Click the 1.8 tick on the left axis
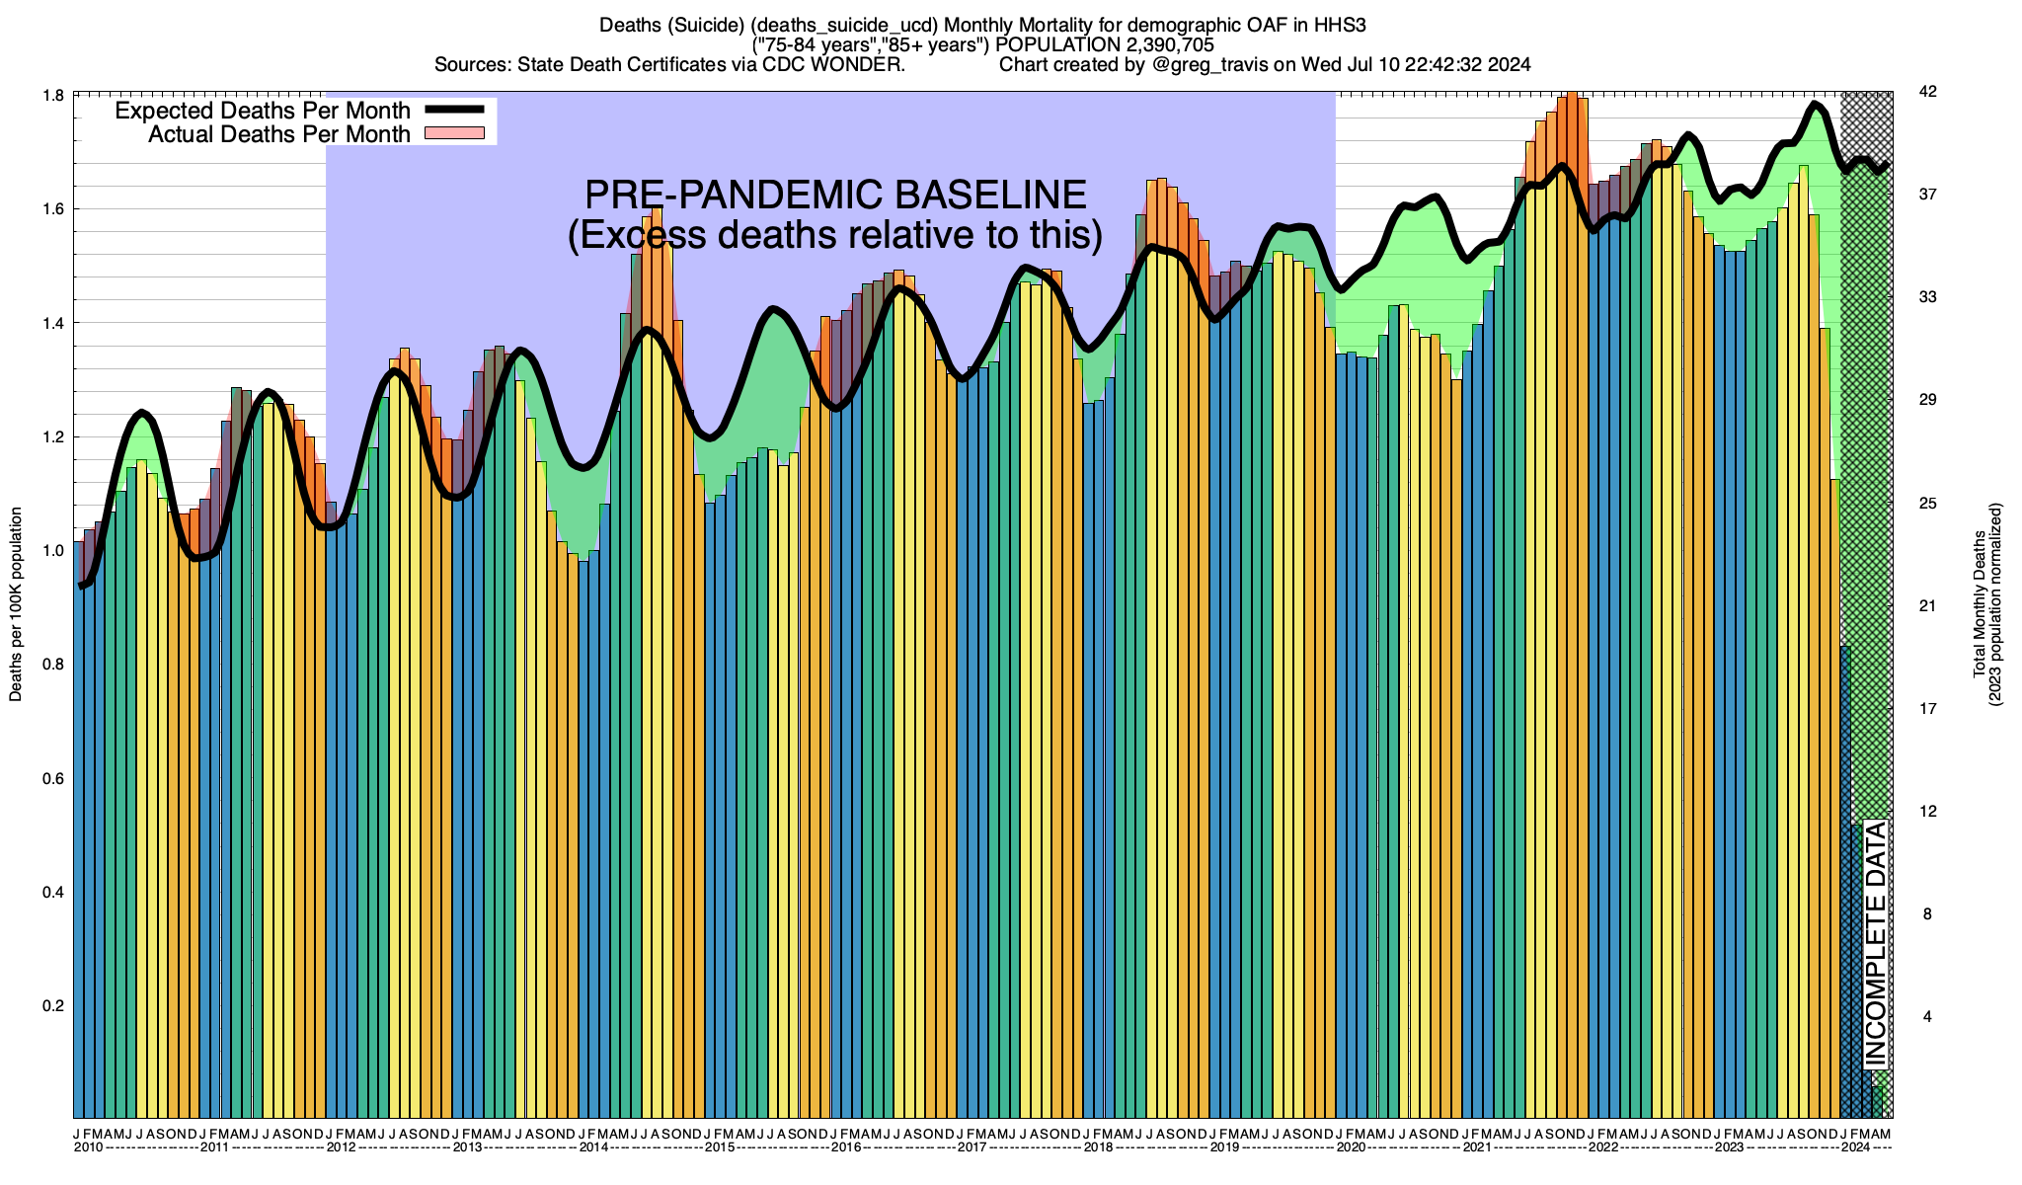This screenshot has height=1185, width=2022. [54, 95]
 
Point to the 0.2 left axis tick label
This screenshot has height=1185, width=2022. [54, 1006]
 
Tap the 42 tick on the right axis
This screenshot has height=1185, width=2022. [1927, 92]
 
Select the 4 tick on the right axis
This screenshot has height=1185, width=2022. [1927, 1017]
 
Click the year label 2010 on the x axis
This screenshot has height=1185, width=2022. [89, 1147]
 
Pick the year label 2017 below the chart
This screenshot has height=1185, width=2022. [972, 1147]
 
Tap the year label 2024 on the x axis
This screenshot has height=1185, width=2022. [1856, 1147]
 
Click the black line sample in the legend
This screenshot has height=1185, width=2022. [454, 110]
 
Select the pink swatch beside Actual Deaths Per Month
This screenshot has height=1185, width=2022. [454, 133]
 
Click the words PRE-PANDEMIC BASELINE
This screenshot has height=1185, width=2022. [835, 195]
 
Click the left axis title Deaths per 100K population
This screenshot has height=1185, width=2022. [16, 604]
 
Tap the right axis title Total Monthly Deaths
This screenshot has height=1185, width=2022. [1979, 604]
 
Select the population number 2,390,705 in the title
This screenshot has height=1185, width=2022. [1155, 45]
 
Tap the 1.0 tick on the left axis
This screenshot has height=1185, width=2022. [54, 551]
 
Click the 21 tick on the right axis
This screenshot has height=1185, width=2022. [1927, 606]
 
